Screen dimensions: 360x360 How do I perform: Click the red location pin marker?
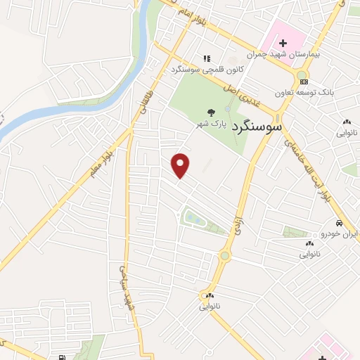click(181, 165)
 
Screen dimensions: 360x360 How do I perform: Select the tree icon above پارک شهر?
click(210, 112)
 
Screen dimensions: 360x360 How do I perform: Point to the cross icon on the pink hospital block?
click(283, 44)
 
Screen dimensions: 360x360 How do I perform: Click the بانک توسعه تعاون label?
click(304, 92)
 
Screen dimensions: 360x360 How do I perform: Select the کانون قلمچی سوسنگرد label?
click(196, 70)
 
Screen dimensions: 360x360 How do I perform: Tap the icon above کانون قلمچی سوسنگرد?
click(206, 59)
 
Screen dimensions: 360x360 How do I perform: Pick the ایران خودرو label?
click(340, 234)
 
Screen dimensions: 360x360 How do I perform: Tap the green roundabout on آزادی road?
click(225, 256)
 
